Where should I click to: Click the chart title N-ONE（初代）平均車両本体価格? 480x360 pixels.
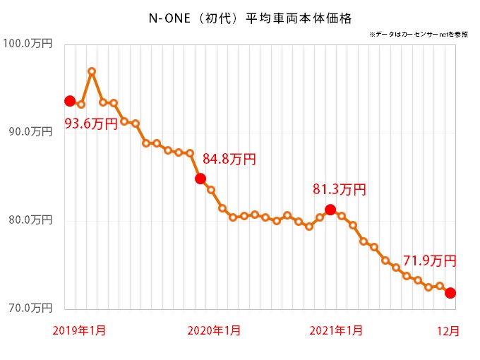pos(239,15)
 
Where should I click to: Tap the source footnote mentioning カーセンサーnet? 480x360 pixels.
pos(417,34)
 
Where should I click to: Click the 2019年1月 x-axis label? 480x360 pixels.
pos(80,330)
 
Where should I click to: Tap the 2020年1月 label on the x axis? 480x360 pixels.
pos(214,330)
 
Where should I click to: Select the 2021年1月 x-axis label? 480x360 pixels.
pos(337,330)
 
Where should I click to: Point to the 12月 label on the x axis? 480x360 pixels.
pos(450,330)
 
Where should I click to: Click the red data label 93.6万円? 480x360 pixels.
pos(92,124)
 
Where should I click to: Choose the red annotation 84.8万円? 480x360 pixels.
pos(229,160)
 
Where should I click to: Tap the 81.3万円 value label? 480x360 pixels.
pos(340,189)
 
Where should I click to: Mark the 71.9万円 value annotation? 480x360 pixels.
pos(430,260)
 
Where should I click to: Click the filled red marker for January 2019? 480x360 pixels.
pos(70,101)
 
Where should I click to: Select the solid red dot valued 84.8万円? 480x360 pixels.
pos(200,179)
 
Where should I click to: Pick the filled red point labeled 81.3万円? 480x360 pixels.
pos(330,209)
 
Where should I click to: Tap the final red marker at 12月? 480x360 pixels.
pos(450,293)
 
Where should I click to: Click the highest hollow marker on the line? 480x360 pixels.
pos(92,71)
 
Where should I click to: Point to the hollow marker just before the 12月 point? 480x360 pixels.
pos(439,286)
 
